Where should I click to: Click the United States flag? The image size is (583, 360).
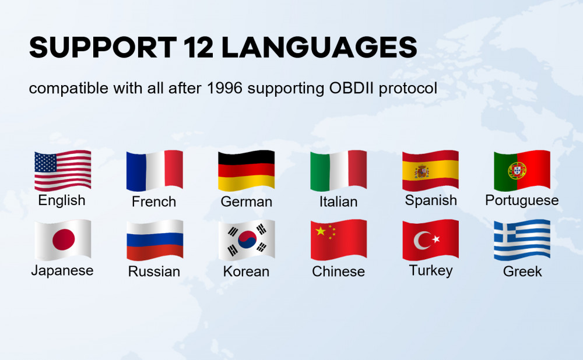pyautogui.click(x=62, y=171)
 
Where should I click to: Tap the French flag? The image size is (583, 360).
pyautogui.click(x=154, y=171)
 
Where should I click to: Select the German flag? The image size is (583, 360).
pyautogui.click(x=247, y=171)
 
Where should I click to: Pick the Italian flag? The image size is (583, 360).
pyautogui.click(x=339, y=171)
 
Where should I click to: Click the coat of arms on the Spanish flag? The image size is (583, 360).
pyautogui.click(x=422, y=171)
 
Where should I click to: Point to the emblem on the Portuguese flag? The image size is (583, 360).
pyautogui.click(x=517, y=171)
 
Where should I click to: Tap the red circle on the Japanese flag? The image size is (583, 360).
pyautogui.click(x=64, y=239)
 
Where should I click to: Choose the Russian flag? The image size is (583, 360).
pyautogui.click(x=154, y=240)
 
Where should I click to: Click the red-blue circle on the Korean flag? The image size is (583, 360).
pyautogui.click(x=247, y=239)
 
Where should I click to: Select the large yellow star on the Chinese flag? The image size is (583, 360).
pyautogui.click(x=321, y=231)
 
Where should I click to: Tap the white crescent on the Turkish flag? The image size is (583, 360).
pyautogui.click(x=422, y=241)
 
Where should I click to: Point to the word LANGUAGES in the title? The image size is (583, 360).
pyautogui.click(x=319, y=47)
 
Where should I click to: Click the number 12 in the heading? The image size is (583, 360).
pyautogui.click(x=199, y=47)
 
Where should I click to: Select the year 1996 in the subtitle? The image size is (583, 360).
pyautogui.click(x=224, y=88)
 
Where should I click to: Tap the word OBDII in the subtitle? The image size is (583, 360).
pyautogui.click(x=352, y=88)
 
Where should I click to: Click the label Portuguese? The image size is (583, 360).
pyautogui.click(x=522, y=200)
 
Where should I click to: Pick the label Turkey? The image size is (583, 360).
pyautogui.click(x=431, y=270)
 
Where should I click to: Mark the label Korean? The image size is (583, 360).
pyautogui.click(x=246, y=271)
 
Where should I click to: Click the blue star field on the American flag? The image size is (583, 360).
pyautogui.click(x=45, y=163)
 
